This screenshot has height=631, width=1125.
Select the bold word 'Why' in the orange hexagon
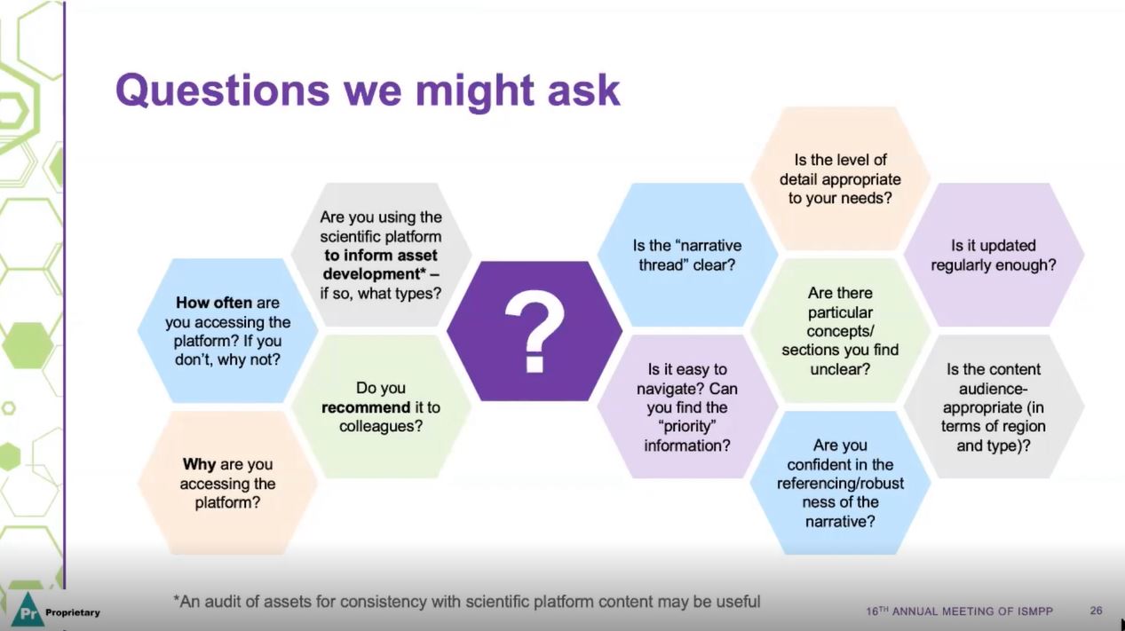click(x=200, y=464)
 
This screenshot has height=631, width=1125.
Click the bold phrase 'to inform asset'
click(x=381, y=256)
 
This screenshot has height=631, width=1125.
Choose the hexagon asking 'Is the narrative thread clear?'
click(x=686, y=256)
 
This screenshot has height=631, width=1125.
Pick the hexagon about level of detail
click(x=839, y=178)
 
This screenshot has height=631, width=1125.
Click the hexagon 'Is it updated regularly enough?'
click(x=993, y=256)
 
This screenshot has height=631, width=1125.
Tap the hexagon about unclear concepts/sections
click(x=839, y=330)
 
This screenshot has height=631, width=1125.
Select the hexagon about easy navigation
click(x=686, y=407)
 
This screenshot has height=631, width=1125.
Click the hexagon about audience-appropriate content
click(x=993, y=407)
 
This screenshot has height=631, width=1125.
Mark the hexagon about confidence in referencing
click(x=839, y=483)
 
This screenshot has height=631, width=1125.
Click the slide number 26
click(x=1096, y=611)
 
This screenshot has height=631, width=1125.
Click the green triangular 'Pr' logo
click(x=27, y=611)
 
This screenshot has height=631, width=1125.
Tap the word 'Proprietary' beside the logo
click(x=72, y=612)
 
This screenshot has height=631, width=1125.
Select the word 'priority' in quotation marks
click(x=686, y=427)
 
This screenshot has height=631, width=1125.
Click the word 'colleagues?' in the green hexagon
click(x=380, y=427)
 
